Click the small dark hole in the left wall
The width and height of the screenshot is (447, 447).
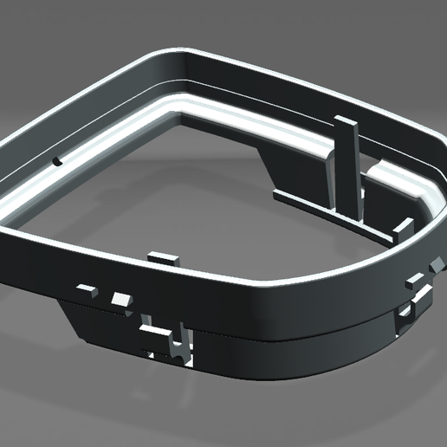coord(57,161)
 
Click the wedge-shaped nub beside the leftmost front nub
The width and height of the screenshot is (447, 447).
coord(120,299)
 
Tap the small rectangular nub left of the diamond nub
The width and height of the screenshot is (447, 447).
coord(412,282)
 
